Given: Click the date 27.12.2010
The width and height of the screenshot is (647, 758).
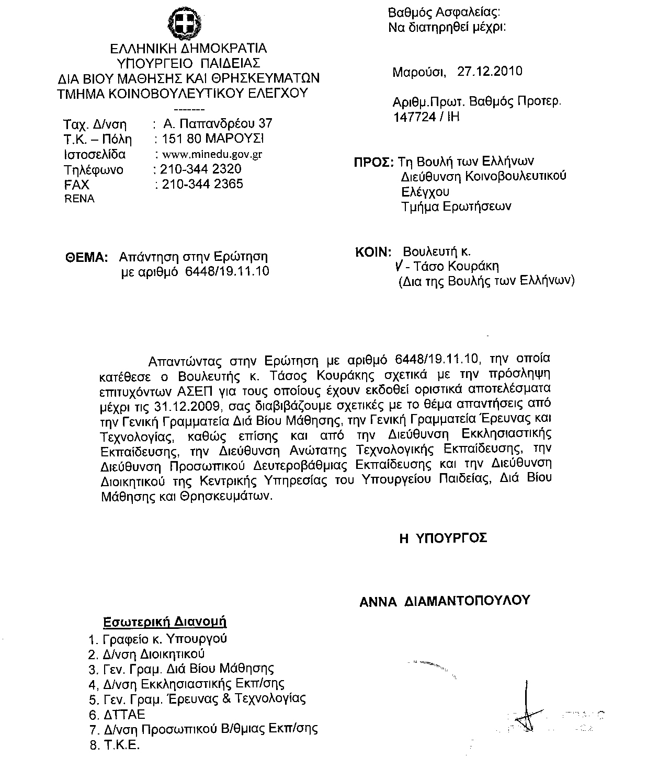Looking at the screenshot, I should coord(490,71).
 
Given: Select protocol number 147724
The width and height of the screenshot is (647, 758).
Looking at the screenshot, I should coord(414,116).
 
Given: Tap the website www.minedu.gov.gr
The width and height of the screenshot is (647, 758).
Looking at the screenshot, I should coord(212,154).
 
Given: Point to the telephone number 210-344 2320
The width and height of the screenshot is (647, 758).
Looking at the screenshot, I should coord(201,169).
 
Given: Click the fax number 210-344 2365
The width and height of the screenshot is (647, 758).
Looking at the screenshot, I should coord(202,184).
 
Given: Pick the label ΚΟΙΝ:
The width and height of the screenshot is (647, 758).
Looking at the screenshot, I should coord(373,252).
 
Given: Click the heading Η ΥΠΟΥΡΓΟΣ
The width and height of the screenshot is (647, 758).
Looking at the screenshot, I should coord(443,538).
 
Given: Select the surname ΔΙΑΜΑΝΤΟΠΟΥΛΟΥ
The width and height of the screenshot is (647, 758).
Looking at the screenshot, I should coord(468,601).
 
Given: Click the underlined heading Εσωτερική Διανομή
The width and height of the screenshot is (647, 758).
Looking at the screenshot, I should coord(164,622).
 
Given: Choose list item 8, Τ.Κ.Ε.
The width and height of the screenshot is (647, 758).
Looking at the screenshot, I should coord(121,745).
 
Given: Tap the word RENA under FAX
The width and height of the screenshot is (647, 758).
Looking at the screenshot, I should coord(79,199).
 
